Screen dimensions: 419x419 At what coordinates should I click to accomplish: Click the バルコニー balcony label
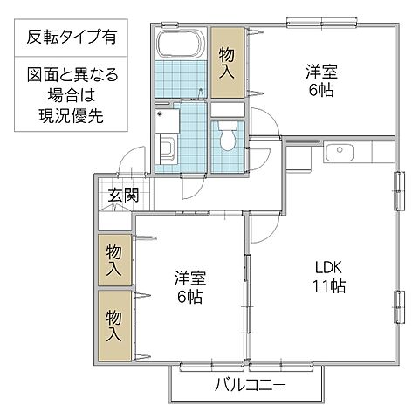click(250, 385)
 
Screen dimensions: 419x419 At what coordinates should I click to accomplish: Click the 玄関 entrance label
click(123, 196)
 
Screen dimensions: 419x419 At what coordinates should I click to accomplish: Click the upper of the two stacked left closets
click(114, 259)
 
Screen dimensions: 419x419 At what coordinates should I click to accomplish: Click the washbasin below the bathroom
click(167, 143)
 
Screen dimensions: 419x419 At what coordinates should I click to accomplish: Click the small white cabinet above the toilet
click(229, 108)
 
